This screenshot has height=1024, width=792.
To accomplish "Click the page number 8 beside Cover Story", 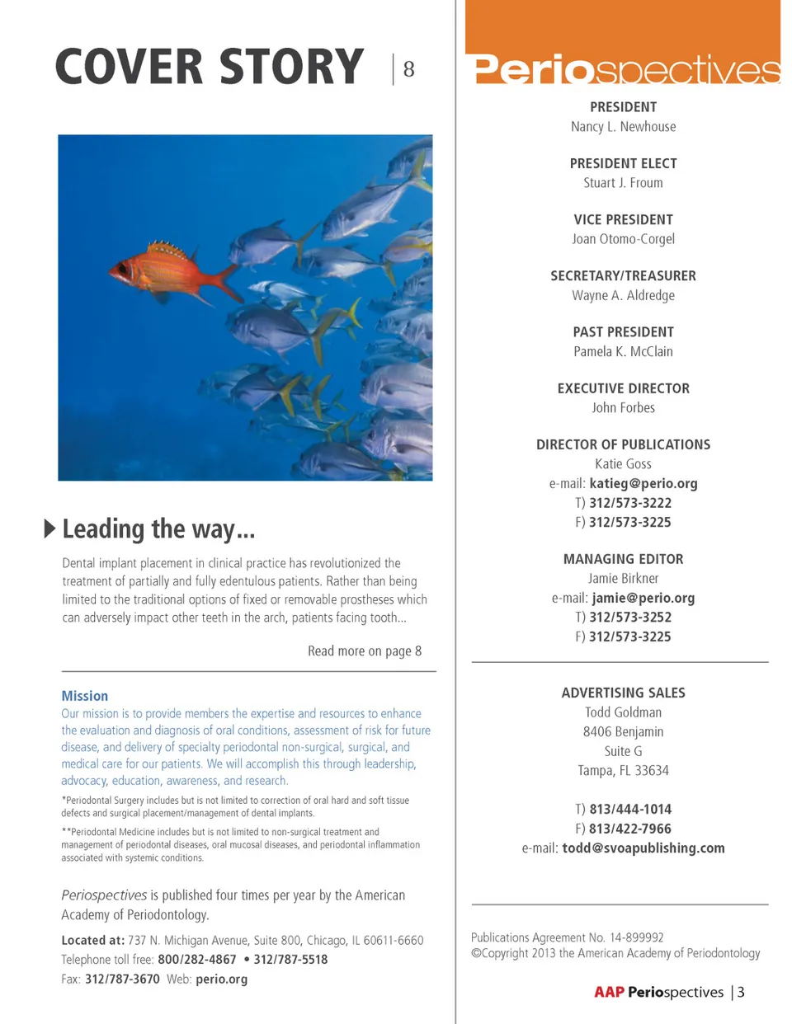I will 408,69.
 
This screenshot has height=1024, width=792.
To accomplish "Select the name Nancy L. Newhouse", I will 623,127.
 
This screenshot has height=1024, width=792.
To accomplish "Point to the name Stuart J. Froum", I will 623,183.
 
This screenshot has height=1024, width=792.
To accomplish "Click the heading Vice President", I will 623,219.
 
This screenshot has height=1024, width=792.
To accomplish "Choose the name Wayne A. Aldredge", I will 623,295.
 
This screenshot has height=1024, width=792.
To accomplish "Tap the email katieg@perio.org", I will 643,484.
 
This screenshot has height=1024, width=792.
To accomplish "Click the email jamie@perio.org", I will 643,598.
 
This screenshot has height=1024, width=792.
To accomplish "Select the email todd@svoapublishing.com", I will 643,848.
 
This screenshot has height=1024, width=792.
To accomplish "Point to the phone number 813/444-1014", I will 629,810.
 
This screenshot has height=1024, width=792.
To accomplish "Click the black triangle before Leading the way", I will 50,528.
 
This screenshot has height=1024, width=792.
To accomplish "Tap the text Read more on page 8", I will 365,651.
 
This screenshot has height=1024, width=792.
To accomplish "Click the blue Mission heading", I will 85,696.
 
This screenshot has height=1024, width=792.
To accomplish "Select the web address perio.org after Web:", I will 221,979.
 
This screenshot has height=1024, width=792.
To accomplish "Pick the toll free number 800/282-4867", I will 197,960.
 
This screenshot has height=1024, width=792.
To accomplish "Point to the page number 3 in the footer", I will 741,993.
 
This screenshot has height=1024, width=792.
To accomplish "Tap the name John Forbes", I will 623,408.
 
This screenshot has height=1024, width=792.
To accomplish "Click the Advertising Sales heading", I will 623,693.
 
